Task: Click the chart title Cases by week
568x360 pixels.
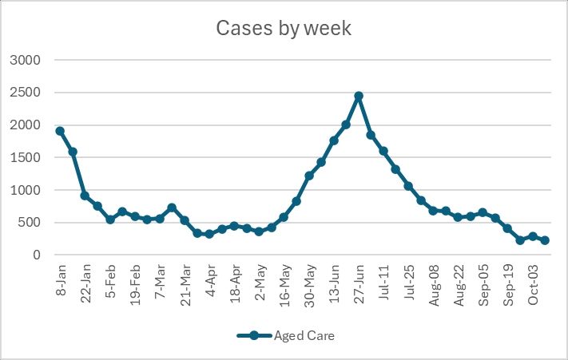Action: [284, 29]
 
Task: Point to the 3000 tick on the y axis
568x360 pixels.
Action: [35, 60]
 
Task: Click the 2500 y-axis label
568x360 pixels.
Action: [35, 93]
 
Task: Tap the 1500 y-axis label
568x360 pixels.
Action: [35, 157]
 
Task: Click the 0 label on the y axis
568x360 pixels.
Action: [46, 255]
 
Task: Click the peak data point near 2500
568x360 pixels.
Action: [359, 96]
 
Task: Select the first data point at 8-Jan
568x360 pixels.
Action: [60, 131]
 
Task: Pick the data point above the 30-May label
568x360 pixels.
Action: [309, 176]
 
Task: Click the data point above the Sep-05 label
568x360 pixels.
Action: [483, 212]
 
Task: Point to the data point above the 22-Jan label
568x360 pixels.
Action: [85, 196]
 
